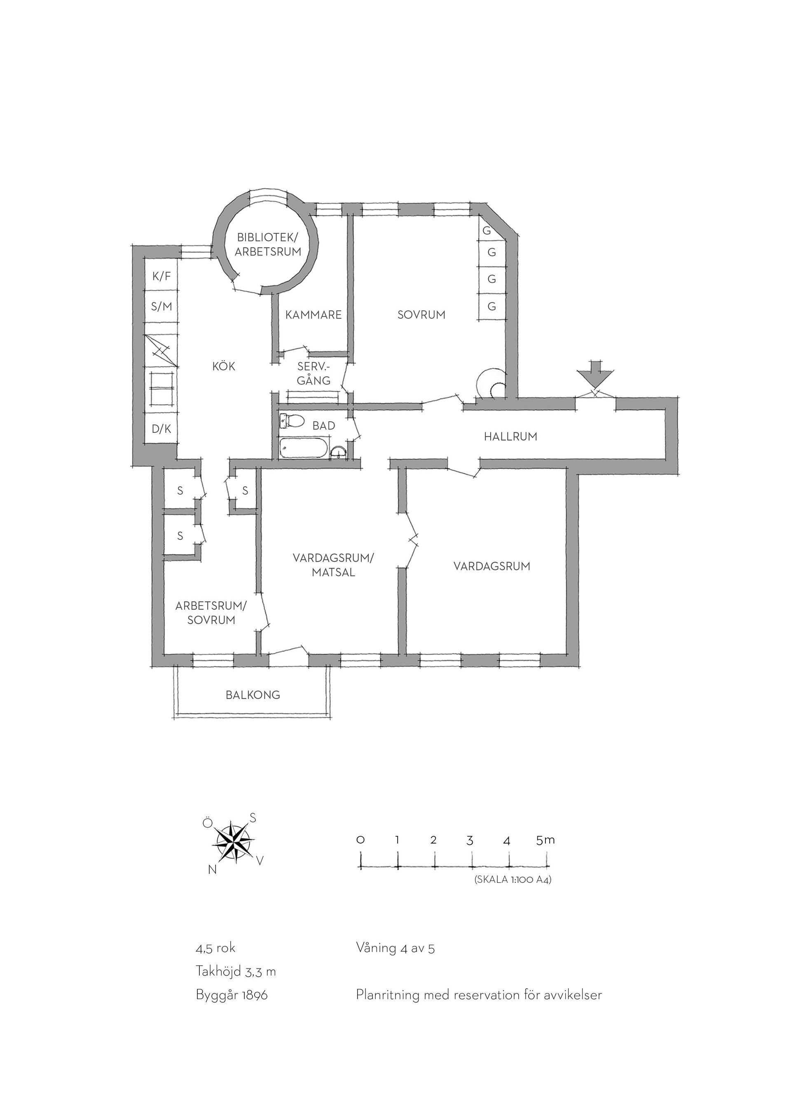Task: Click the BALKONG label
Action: (x=253, y=695)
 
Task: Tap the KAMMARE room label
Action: (x=313, y=315)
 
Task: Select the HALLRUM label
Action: (x=510, y=437)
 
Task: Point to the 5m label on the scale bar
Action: (x=545, y=840)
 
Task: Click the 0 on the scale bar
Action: (x=360, y=840)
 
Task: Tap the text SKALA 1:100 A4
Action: (x=513, y=880)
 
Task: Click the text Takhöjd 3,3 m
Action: (x=236, y=972)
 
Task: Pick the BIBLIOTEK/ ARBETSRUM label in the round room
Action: (x=268, y=245)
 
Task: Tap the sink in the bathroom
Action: (x=338, y=453)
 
